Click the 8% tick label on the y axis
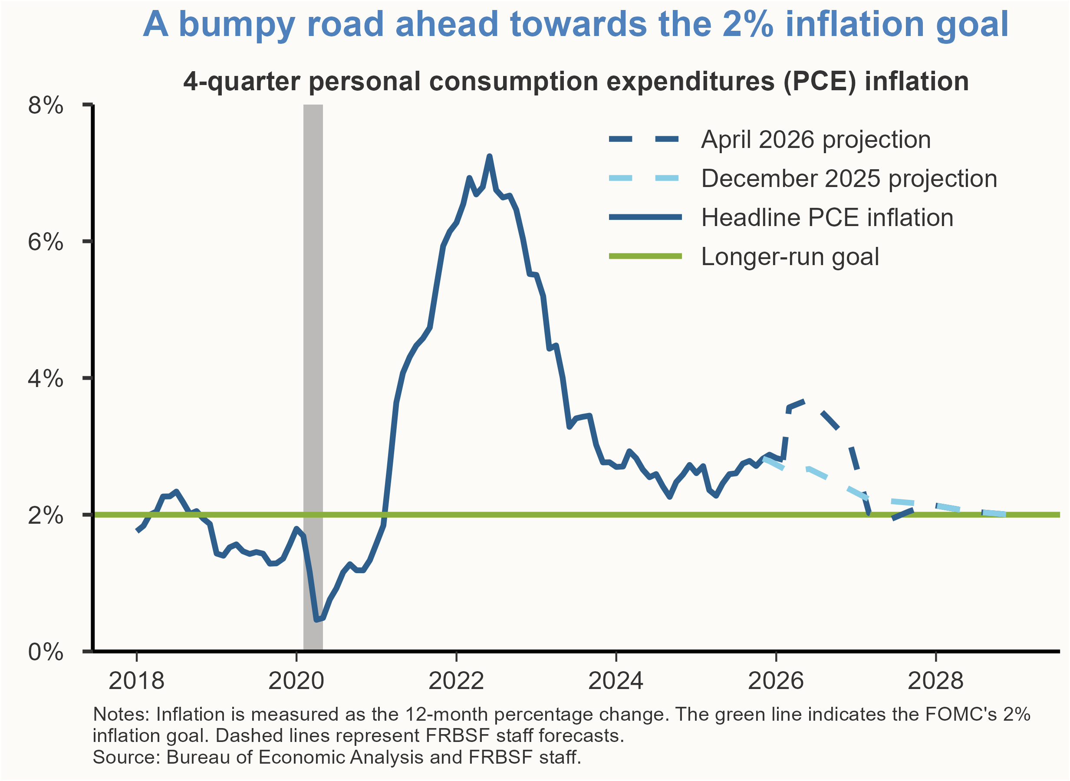(46, 105)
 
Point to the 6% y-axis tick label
(46, 242)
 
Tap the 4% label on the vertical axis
(46, 379)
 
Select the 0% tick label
(46, 652)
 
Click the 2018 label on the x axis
(136, 681)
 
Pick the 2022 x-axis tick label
(456, 681)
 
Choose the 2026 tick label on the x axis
(775, 681)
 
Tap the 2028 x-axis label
(935, 681)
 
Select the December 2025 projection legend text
(849, 179)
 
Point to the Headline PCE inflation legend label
(827, 218)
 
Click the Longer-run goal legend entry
(790, 257)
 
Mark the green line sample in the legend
(645, 256)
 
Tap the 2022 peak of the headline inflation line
(489, 157)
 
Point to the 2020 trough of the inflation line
(316, 619)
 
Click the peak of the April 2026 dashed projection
(804, 402)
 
